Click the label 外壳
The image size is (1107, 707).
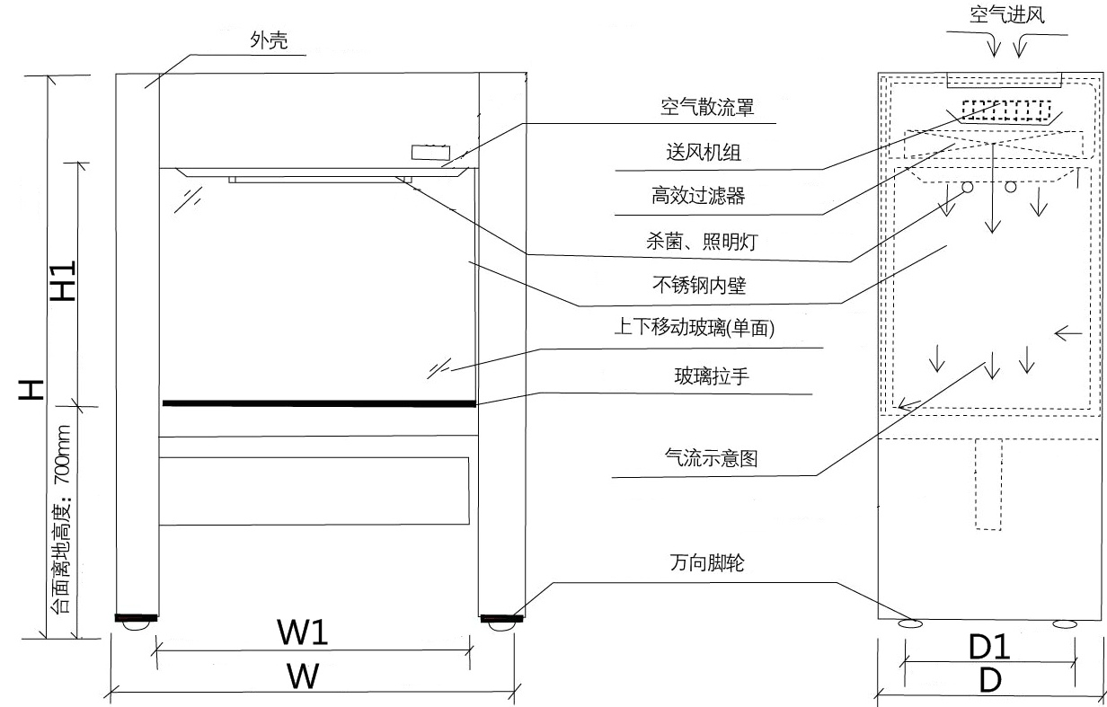pos(269,40)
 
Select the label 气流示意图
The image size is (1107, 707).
pos(708,458)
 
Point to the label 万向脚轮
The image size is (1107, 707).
pos(707,564)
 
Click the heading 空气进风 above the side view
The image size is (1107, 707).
pos(1006,14)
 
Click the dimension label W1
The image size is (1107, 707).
pos(303,633)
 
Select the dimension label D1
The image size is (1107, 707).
pos(990,645)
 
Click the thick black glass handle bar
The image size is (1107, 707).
pos(319,402)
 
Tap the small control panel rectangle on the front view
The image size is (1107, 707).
pos(429,152)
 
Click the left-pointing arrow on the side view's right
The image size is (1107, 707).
pos(1068,334)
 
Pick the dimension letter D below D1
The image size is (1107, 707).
pos(990,681)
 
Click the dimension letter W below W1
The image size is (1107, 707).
pos(303,676)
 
